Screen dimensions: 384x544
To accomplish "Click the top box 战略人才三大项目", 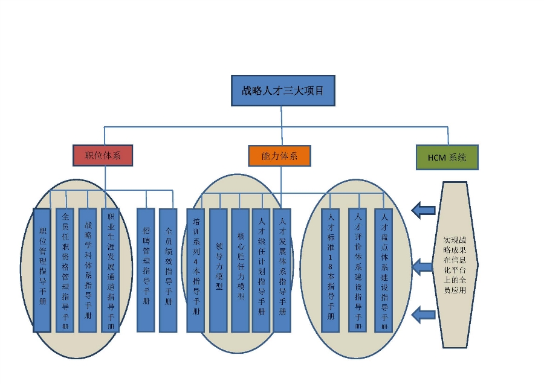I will point(282,91).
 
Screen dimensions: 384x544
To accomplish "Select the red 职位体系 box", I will point(103,155).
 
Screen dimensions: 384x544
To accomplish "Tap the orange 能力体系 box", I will point(279,155).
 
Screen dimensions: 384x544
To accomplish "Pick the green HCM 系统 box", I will point(447,157).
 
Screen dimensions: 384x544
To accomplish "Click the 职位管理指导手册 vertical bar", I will point(42,270).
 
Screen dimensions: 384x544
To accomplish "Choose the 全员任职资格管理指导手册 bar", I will point(65,270).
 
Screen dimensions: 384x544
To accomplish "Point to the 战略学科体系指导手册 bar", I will point(88,270).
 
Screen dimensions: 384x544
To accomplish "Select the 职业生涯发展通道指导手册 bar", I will point(109,270).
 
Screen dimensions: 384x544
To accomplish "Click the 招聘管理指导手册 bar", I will point(146,270).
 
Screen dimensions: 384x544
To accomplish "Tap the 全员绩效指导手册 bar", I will point(168,270).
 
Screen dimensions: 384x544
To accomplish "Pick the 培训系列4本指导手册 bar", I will point(195,270).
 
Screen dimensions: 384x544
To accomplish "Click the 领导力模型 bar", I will point(218,270).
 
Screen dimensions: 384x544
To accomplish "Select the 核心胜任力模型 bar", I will point(240,270).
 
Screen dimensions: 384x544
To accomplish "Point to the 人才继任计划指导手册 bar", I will point(261,270).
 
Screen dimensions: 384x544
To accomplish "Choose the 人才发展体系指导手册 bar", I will point(282,270).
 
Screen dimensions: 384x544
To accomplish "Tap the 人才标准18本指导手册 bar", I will point(330,270).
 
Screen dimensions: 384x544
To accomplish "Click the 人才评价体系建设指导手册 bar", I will point(357,270).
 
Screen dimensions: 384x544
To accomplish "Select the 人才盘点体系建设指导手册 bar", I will point(383,270).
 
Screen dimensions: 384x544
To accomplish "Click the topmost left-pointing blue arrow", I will point(423,210).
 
